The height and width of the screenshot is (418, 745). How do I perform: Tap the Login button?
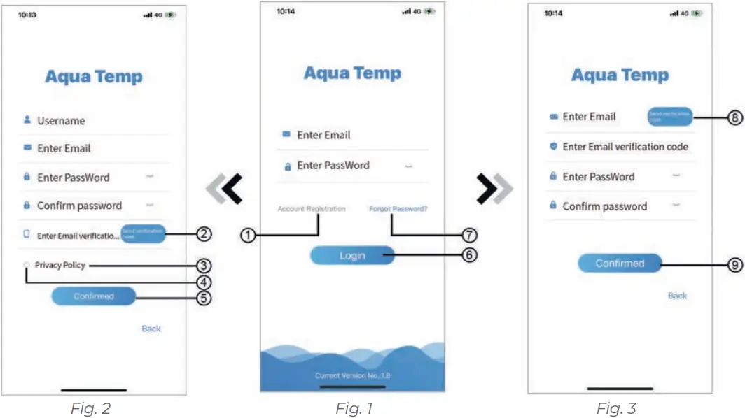pos(352,256)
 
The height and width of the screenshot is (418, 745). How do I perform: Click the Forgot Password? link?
pos(398,208)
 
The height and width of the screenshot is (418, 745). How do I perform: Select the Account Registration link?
pos(311,209)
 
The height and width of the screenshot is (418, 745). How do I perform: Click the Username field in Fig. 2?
pos(61,121)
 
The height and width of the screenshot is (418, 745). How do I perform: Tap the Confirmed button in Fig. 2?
pos(94,296)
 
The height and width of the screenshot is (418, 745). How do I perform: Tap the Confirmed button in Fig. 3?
pos(620,264)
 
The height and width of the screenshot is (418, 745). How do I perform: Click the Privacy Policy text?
pos(60,266)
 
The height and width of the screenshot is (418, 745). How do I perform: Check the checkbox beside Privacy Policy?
pos(27,266)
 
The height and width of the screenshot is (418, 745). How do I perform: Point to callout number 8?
pos(734,118)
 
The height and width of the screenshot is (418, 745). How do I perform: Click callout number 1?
pos(246,236)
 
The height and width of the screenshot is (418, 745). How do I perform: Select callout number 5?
pos(203,298)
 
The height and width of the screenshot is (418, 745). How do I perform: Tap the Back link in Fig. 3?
pos(677,296)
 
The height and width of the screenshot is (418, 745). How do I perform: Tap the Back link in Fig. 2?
pos(151,329)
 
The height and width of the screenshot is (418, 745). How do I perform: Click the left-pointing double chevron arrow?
pos(225,189)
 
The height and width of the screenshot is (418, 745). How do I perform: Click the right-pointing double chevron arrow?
pos(494,188)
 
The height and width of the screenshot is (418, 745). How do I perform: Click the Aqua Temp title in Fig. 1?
pos(352,73)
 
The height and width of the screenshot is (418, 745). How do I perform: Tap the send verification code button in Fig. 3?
pos(669,117)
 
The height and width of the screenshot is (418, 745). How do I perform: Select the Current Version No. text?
pos(352,376)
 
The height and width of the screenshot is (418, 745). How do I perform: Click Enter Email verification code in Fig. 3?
pos(625,147)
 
